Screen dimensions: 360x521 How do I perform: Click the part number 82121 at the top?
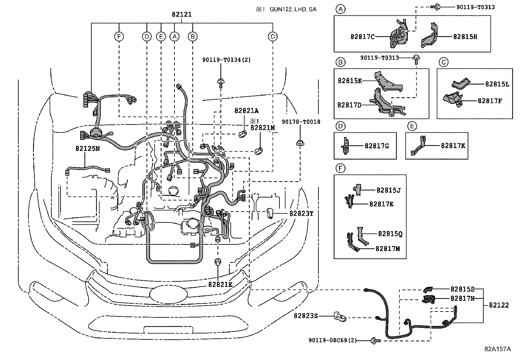(182, 15)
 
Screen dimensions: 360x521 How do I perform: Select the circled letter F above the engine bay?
(119, 36)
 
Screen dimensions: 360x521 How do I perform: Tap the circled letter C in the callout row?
(272, 36)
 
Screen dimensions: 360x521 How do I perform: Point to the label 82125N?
(87, 148)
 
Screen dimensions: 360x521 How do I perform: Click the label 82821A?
(246, 111)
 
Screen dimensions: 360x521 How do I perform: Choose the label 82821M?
(263, 128)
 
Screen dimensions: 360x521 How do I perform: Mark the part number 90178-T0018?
(301, 122)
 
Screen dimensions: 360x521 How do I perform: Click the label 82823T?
(301, 214)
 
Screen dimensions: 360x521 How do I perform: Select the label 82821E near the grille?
(220, 285)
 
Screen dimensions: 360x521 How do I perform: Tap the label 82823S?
(306, 316)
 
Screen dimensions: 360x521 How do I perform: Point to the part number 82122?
(499, 305)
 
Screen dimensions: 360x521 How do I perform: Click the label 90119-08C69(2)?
(332, 341)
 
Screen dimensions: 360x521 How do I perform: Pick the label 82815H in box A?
(465, 37)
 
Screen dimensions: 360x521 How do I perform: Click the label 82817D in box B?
(349, 105)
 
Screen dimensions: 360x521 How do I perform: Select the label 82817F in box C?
(490, 101)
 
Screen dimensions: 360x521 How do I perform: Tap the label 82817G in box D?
(377, 146)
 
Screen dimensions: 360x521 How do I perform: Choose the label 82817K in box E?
(453, 146)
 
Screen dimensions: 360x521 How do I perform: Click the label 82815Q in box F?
(390, 234)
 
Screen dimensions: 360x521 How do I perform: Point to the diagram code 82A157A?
(498, 349)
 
